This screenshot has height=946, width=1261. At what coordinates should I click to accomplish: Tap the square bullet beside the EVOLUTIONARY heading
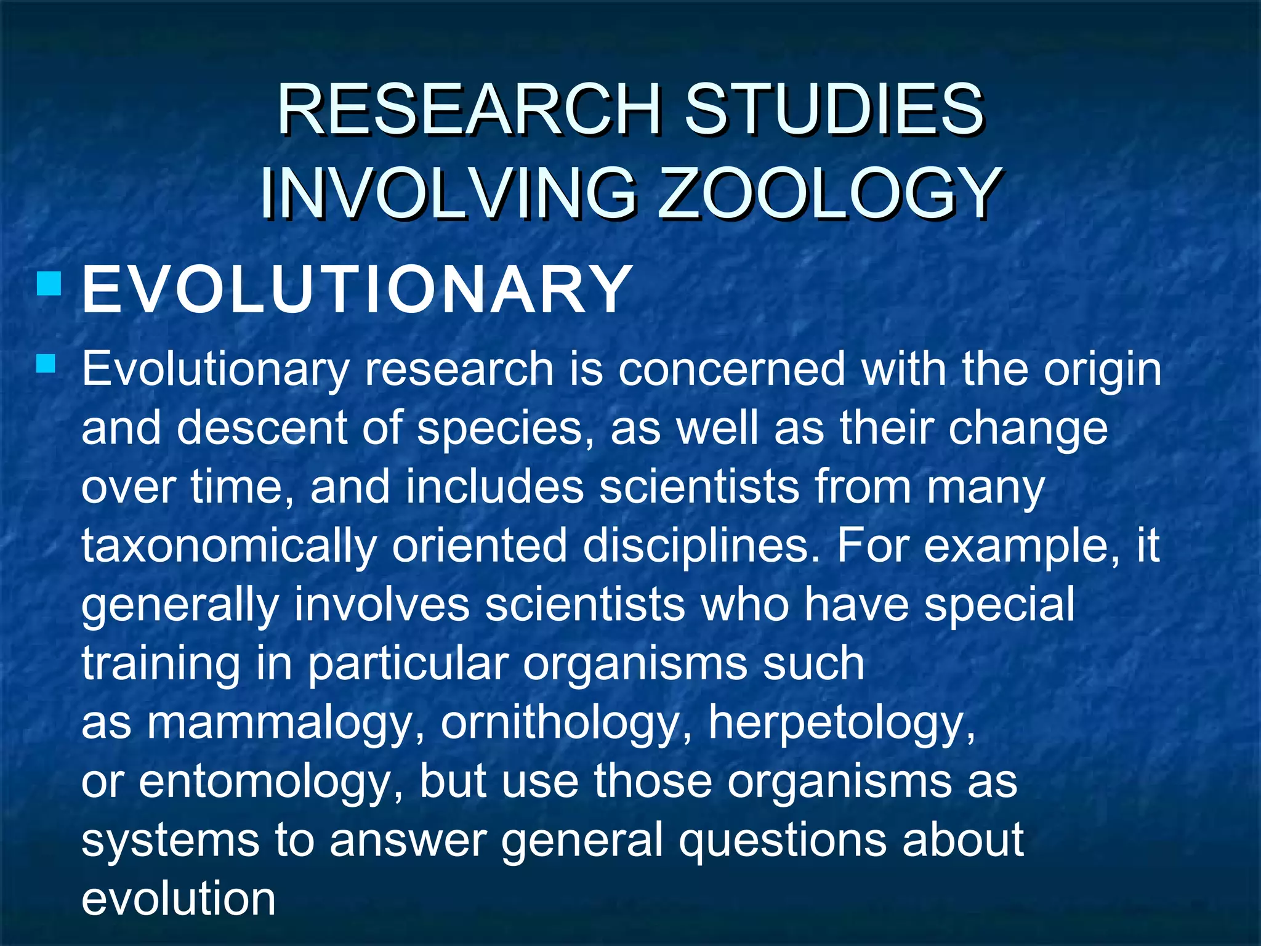click(x=49, y=285)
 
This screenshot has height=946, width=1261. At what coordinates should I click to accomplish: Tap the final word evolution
click(x=179, y=899)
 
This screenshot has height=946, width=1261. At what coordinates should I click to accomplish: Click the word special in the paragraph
click(x=999, y=604)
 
